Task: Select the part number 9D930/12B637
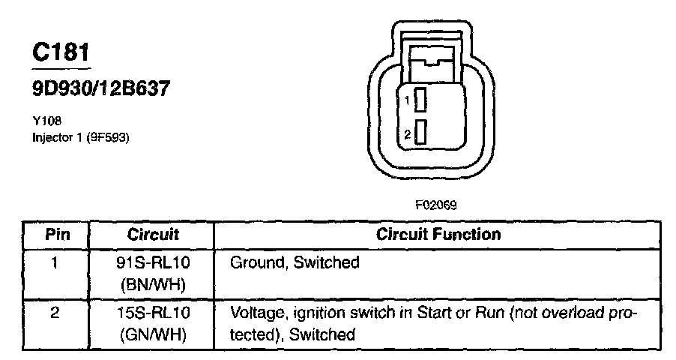[x=100, y=88]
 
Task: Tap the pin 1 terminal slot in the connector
[x=421, y=99]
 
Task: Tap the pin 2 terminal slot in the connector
[x=421, y=133]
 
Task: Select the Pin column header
[x=57, y=234]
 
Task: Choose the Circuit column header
[x=153, y=234]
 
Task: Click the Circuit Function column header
[x=438, y=234]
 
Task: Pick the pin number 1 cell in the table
[x=57, y=263]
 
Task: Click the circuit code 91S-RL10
[x=153, y=263]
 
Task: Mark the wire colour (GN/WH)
[x=153, y=334]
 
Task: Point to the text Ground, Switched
[x=295, y=263]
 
